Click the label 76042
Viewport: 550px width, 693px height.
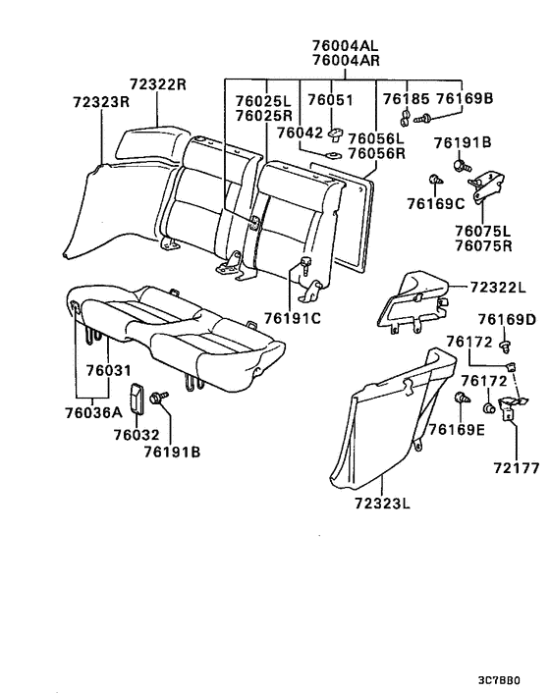pos(298,132)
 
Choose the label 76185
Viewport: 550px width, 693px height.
pos(405,99)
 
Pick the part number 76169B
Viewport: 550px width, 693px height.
pos(464,99)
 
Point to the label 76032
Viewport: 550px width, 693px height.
pos(135,434)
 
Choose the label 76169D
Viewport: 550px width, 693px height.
pos(507,320)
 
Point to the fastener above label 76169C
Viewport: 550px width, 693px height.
pos(432,180)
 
